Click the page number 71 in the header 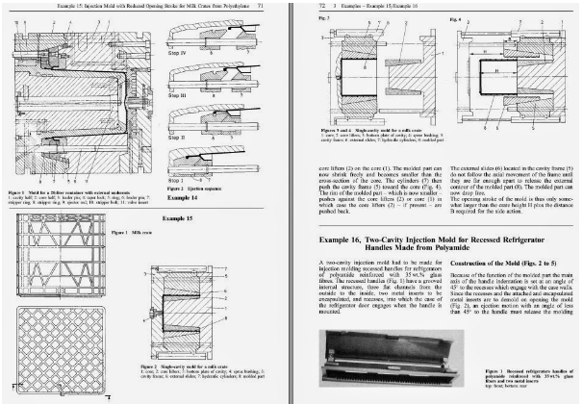(x=275, y=6)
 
